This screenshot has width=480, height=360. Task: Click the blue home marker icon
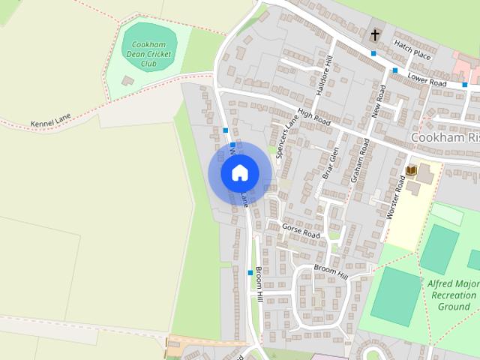point(239,172)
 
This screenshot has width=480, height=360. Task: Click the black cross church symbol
point(374,35)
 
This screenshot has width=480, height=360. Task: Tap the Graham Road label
point(359,160)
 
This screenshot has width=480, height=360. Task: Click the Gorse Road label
point(301,229)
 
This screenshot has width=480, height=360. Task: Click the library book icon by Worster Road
point(411,171)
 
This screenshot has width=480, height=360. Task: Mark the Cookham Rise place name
point(445,138)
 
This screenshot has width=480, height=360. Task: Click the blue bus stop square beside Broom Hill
point(250,272)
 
